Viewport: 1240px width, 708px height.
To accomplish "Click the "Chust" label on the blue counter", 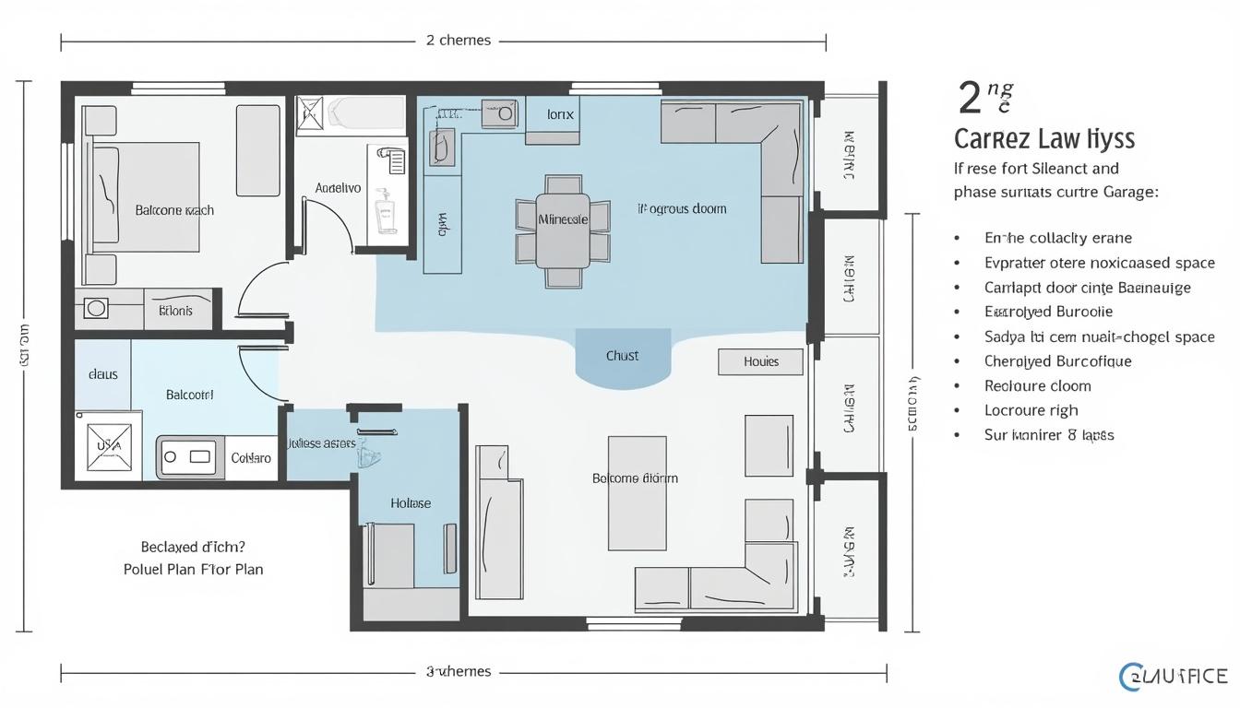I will (x=622, y=356).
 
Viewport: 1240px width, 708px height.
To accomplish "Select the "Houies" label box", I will (x=760, y=362).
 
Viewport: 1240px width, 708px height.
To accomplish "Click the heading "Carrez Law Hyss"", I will (x=1043, y=140).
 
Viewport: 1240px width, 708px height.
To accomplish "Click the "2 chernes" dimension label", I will (x=459, y=41).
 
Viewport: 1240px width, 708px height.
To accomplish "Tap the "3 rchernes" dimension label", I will (x=459, y=671).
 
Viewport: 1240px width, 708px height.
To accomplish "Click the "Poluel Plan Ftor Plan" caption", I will (x=193, y=570).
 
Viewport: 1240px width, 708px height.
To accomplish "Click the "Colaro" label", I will (x=250, y=457).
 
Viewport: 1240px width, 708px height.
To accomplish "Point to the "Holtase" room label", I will (x=411, y=503).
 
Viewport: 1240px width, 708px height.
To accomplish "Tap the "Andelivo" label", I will (x=338, y=188).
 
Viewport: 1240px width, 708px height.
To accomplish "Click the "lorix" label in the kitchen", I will (x=560, y=115).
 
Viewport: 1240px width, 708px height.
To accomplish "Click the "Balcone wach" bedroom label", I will (x=174, y=210).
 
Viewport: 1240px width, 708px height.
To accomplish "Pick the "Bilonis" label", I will (x=175, y=311).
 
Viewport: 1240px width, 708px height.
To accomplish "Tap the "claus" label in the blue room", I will (x=102, y=374).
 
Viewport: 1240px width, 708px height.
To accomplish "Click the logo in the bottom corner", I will (x=1173, y=677).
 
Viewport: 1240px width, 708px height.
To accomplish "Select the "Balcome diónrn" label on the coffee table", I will (x=635, y=478).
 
